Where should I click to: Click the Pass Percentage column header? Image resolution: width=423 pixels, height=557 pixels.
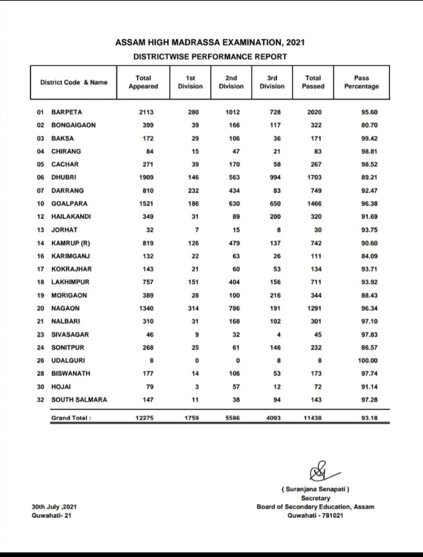pos(361,82)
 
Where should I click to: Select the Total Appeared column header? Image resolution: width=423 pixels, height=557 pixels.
pos(143,82)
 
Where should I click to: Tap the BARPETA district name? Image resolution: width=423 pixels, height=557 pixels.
pos(66,111)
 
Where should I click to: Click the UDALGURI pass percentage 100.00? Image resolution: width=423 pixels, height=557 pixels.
pos(367,361)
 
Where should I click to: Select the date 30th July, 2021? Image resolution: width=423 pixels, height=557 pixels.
pos(54,506)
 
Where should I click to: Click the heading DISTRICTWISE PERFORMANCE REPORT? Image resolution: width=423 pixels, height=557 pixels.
pos(210,57)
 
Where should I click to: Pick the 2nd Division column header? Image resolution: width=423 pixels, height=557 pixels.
pos(231,82)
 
